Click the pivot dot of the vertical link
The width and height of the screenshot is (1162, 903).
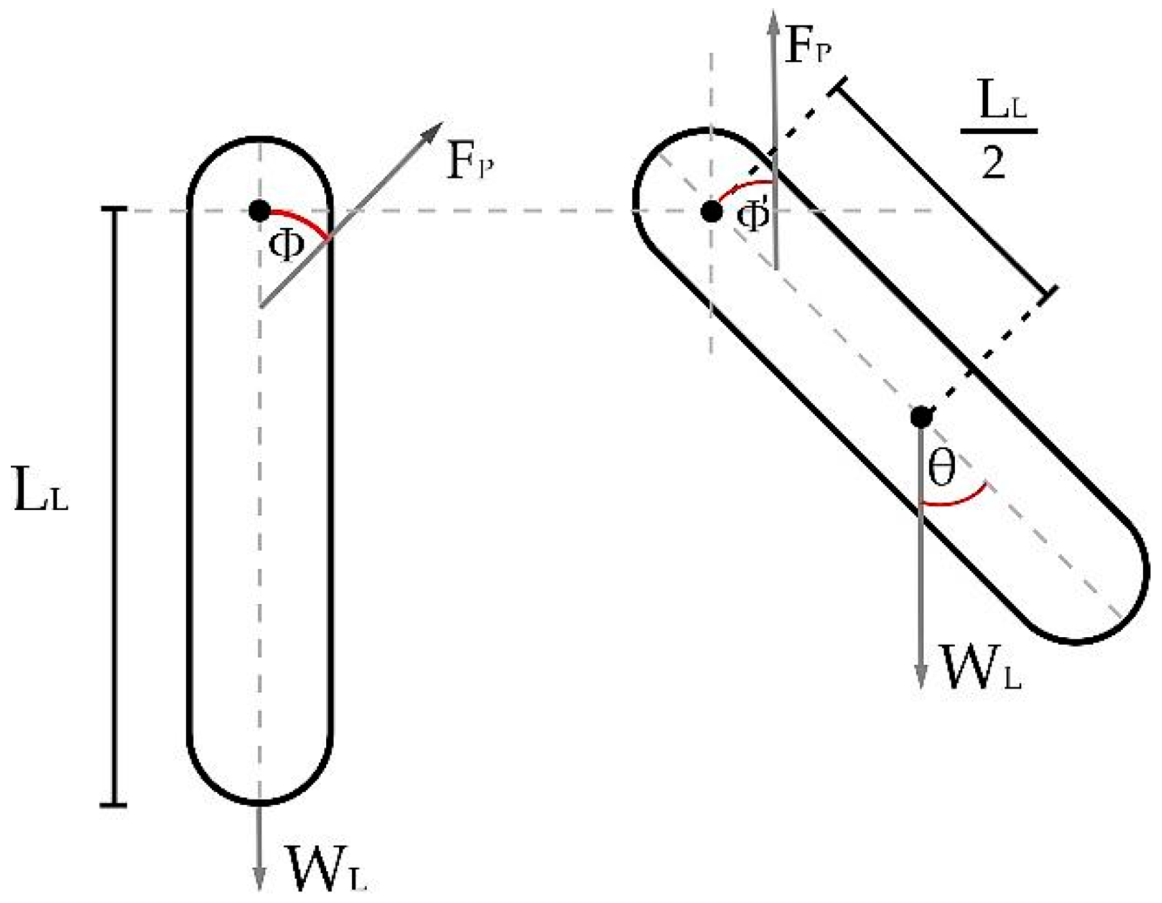pyautogui.click(x=259, y=210)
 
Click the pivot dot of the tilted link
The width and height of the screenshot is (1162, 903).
pyautogui.click(x=711, y=211)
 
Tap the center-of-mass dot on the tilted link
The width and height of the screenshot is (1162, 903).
pyautogui.click(x=920, y=417)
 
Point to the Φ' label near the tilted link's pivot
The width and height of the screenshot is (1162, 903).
pyautogui.click(x=753, y=217)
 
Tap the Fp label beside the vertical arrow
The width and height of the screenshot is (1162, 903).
pyautogui.click(x=807, y=47)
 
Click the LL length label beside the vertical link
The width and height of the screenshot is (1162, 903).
pyautogui.click(x=41, y=496)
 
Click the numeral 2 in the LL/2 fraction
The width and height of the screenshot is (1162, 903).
pyautogui.click(x=993, y=162)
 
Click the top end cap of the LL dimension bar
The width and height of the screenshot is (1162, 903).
pyautogui.click(x=114, y=209)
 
